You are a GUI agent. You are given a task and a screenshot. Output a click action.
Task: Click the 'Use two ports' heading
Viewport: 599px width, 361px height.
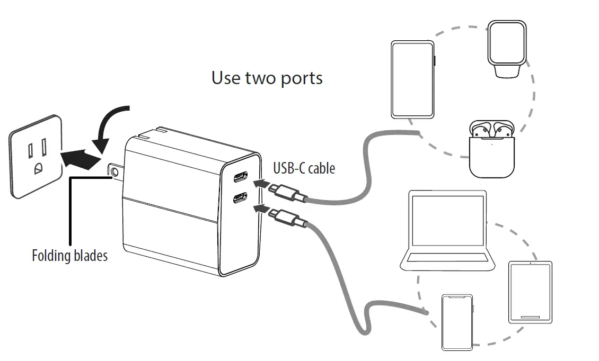pos(267,78)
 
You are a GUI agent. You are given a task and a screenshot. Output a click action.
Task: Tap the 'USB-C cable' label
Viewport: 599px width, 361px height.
pos(304,168)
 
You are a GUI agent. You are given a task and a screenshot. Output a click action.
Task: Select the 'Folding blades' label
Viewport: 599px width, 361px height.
pos(69,256)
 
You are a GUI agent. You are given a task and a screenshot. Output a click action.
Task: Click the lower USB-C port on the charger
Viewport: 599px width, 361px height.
pos(239,199)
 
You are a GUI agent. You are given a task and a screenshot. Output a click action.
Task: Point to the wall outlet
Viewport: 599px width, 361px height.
pos(36,157)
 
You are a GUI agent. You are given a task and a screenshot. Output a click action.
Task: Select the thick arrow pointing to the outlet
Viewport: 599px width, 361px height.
pos(80,157)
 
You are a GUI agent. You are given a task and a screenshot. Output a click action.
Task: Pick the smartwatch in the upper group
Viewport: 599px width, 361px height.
pos(506,49)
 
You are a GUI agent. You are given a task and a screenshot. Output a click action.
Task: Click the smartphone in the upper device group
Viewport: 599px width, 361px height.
pos(413,79)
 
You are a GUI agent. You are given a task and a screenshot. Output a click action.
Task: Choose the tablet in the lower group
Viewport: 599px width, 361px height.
pos(530,292)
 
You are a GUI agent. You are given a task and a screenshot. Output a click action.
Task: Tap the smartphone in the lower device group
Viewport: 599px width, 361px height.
pos(456,322)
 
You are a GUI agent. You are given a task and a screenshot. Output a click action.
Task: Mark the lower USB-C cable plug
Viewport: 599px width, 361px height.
pos(289,218)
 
